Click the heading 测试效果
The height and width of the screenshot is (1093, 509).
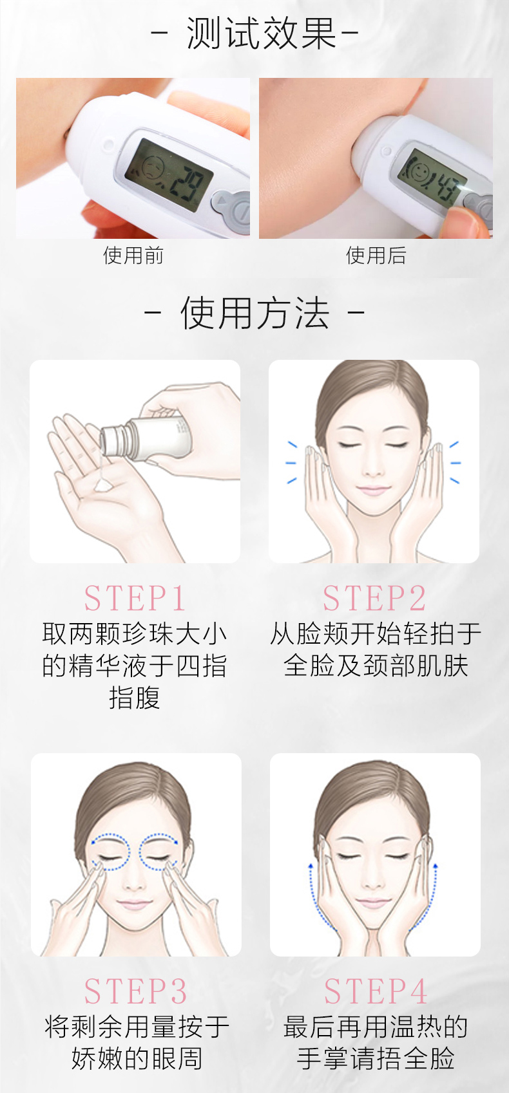pos(262,33)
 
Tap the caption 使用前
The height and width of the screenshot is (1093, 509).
pos(133,255)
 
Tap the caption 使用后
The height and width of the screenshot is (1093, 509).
pos(376,255)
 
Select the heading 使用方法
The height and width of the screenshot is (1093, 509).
pos(254,313)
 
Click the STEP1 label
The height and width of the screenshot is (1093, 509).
pos(134,598)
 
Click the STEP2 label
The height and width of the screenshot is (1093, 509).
pos(374,598)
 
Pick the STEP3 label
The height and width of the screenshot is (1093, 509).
pos(135,991)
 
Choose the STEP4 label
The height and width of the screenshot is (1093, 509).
pos(376,991)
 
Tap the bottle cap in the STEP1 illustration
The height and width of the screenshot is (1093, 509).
pos(112,441)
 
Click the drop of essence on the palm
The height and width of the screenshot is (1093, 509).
pos(103,485)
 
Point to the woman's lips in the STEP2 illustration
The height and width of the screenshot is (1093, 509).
pos(373,489)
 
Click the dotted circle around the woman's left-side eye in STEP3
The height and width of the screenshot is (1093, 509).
pos(110,852)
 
